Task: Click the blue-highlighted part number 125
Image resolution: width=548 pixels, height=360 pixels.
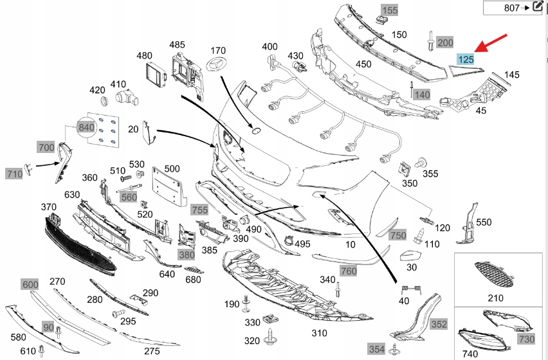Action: pyautogui.click(x=465, y=60)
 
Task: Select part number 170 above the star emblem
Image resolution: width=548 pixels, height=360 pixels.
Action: pyautogui.click(x=218, y=50)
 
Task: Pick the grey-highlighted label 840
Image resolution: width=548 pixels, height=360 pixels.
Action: pyautogui.click(x=86, y=127)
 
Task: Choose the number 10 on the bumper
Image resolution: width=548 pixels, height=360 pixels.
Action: pyautogui.click(x=350, y=245)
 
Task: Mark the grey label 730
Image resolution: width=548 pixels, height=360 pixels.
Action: pyautogui.click(x=525, y=339)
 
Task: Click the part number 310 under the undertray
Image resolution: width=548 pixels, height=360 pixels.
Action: pyautogui.click(x=320, y=333)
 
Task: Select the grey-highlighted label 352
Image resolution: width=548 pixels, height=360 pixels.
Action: pyautogui.click(x=439, y=324)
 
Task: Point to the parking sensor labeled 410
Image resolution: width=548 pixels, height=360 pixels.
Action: pyautogui.click(x=126, y=98)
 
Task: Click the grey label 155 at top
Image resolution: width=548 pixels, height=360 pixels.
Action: pyautogui.click(x=390, y=10)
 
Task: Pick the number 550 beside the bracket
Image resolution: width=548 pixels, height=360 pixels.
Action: pyautogui.click(x=483, y=222)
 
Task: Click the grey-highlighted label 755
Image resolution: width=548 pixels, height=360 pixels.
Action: pyautogui.click(x=199, y=210)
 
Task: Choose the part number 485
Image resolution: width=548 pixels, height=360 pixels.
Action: pyautogui.click(x=177, y=45)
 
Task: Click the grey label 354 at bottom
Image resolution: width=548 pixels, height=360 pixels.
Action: pyautogui.click(x=376, y=348)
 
